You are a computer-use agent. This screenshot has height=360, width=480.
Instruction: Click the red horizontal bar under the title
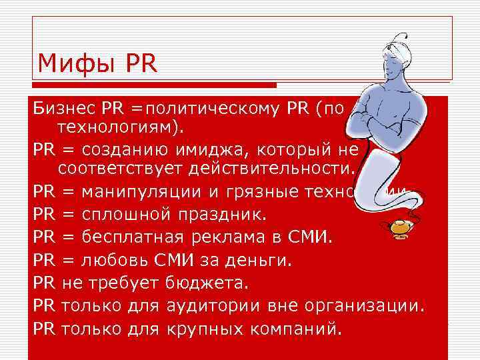tap(153, 85)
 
